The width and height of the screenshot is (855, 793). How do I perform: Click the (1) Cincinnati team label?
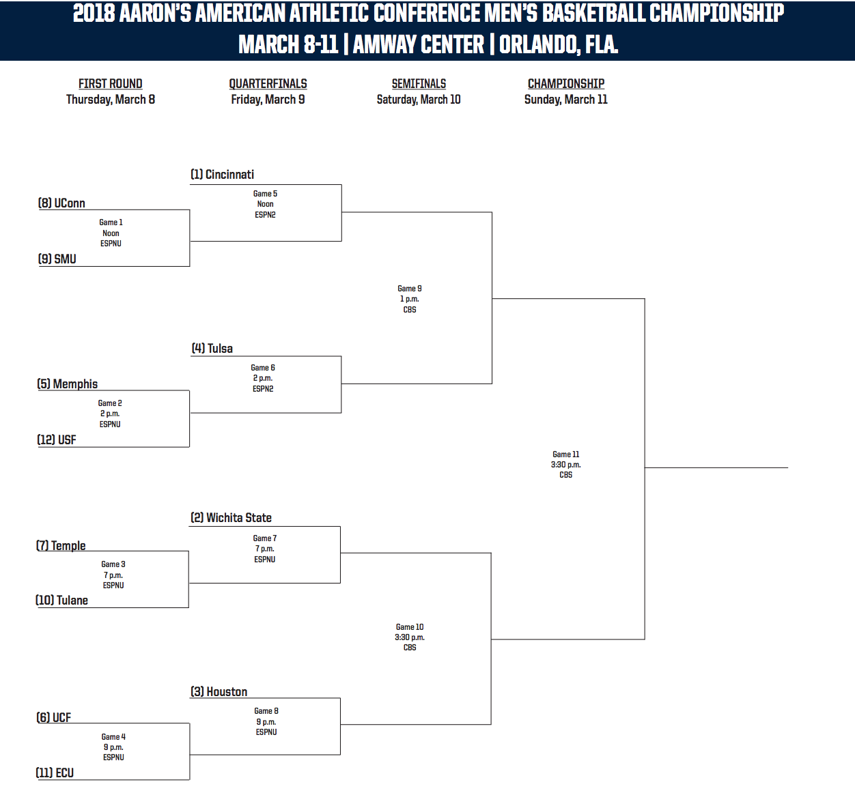222,174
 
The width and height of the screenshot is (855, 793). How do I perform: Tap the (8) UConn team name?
61,203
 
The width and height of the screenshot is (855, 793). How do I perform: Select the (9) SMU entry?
57,259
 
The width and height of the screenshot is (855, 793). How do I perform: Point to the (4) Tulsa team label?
212,349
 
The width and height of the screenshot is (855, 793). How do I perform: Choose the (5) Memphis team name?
68,384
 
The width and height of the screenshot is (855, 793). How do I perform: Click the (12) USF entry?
57,439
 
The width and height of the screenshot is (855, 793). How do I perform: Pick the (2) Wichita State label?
232,517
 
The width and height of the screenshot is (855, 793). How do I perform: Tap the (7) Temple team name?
61,545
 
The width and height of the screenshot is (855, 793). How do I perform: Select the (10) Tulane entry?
61,601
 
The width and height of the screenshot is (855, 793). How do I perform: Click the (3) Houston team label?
219,691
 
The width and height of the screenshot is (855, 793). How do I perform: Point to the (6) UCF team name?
53,717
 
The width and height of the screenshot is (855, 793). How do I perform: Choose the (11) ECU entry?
55,773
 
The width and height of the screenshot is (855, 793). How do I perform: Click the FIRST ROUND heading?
110,83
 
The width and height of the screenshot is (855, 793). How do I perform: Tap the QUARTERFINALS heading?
268,83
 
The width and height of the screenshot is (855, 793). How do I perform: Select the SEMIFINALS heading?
419,83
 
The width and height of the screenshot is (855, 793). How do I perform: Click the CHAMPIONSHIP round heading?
566,83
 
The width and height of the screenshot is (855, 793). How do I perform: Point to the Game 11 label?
565,455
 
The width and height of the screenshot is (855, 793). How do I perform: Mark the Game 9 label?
410,288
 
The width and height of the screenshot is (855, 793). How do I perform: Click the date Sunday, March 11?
565,100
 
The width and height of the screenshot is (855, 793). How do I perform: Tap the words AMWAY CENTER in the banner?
419,44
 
